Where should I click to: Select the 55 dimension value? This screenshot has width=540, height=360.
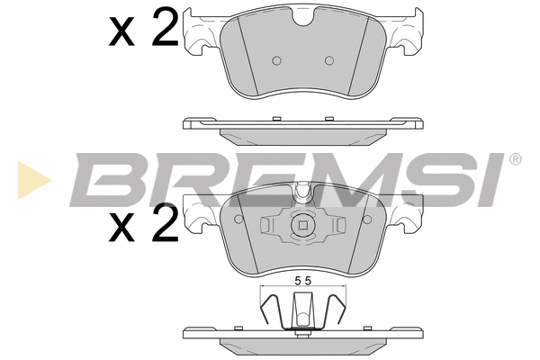301,281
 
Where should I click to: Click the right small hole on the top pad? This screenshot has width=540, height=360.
328,60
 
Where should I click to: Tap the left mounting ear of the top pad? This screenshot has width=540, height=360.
200,31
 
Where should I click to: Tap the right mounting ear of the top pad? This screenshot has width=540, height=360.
407,31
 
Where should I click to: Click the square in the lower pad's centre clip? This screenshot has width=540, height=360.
303,226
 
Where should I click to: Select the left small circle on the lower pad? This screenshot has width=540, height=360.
267,226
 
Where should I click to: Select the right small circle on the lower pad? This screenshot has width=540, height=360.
339,226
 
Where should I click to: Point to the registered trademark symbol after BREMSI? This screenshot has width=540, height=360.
515,159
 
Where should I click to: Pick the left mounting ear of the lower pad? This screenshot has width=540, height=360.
200,217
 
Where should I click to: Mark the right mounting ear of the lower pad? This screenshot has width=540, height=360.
407,217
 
